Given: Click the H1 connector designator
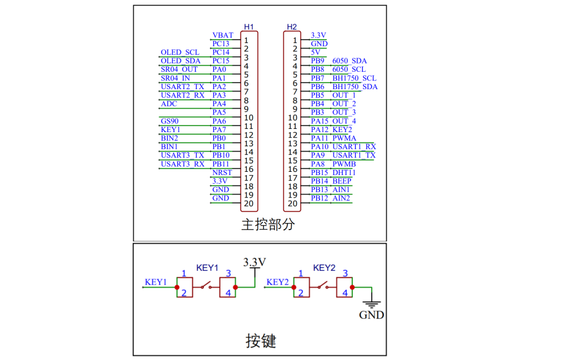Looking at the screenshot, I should (249, 27).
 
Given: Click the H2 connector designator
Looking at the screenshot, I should (292, 27).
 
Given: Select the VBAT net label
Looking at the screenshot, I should (223, 35).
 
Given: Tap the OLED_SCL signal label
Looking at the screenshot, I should (180, 53).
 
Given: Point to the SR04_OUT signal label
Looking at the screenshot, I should (179, 70).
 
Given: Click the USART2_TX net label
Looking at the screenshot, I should (183, 86).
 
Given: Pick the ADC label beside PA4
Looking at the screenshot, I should (169, 104).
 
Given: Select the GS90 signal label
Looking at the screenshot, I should (170, 121).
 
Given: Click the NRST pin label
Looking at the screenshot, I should (222, 172).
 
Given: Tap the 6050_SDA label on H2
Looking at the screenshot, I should (349, 61).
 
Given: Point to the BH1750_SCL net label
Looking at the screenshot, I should (354, 78).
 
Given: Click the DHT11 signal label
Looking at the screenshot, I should (344, 172).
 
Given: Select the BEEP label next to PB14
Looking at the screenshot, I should (342, 181).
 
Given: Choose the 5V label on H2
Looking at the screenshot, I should (316, 52).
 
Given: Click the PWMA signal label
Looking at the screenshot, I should (344, 138).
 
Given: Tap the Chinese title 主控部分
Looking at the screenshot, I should (267, 224).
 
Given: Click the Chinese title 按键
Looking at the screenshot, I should (261, 341).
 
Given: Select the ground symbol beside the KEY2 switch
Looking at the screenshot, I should (372, 306).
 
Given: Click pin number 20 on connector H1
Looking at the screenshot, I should (249, 204).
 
